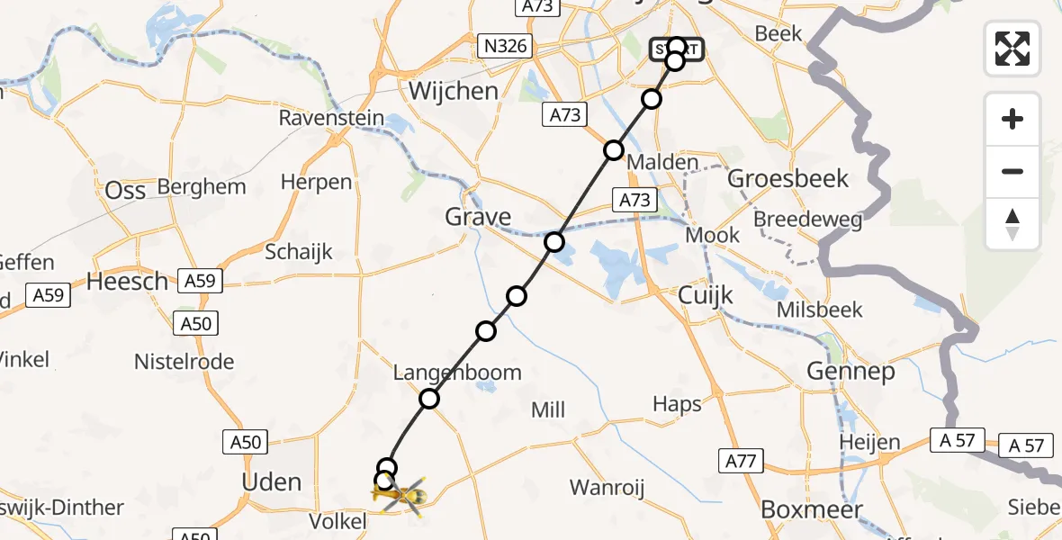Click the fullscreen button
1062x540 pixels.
(1012, 48)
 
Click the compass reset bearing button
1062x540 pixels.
(1012, 224)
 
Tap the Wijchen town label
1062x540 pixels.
(453, 91)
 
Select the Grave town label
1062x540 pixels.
(478, 217)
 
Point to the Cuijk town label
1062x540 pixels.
(706, 295)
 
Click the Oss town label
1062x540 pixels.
(125, 191)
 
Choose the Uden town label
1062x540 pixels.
(271, 482)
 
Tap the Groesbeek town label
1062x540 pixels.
(787, 178)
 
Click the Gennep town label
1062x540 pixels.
(850, 371)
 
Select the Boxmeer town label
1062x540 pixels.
(805, 509)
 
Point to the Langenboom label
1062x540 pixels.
(457, 373)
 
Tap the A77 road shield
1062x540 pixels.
(741, 463)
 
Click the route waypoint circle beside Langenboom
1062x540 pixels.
(429, 399)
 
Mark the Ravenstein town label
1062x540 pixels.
(331, 118)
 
